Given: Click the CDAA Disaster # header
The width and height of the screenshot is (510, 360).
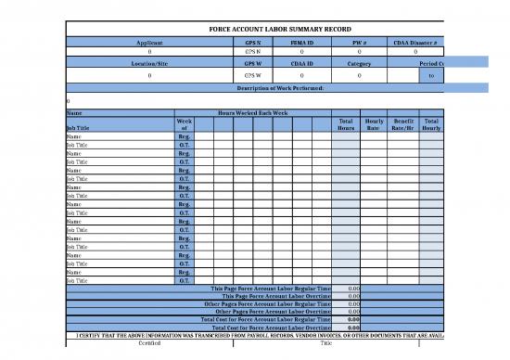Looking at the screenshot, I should pyautogui.click(x=414, y=44).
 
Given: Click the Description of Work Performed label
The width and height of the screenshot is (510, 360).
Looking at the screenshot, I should pyautogui.click(x=279, y=87).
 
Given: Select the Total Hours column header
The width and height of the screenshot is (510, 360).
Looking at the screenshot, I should pyautogui.click(x=346, y=124).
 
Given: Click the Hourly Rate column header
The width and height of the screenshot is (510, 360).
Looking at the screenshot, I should pyautogui.click(x=375, y=124).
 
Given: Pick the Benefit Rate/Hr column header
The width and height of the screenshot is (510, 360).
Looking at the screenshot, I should pyautogui.click(x=402, y=124).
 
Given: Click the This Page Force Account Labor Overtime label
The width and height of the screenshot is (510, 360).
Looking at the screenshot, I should pyautogui.click(x=274, y=297).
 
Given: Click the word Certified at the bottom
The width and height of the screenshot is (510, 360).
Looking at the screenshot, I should pyautogui.click(x=149, y=342).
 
